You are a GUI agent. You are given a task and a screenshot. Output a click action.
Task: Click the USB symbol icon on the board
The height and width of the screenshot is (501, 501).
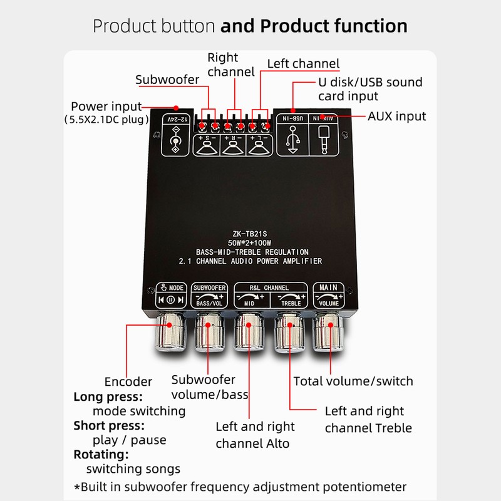coord(291,138)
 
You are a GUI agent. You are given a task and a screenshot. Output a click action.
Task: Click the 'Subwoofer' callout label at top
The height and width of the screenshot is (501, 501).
coord(167,80)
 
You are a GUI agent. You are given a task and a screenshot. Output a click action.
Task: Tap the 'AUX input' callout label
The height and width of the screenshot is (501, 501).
coord(396,116)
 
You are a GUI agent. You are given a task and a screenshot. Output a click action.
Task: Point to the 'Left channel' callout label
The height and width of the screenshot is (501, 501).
coord(303,64)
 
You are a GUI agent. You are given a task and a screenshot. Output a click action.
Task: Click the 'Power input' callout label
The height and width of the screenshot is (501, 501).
coord(106,106)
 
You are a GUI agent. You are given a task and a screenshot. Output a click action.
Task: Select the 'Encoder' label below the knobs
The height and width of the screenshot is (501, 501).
coord(128,382)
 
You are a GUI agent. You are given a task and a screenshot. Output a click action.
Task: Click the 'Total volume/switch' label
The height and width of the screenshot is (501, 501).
coord(353,381)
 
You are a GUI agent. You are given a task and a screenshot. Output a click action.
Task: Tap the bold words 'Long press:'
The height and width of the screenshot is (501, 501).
coord(108,396)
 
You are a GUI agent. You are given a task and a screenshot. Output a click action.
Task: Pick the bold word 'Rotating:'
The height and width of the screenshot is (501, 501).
coord(101,454)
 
